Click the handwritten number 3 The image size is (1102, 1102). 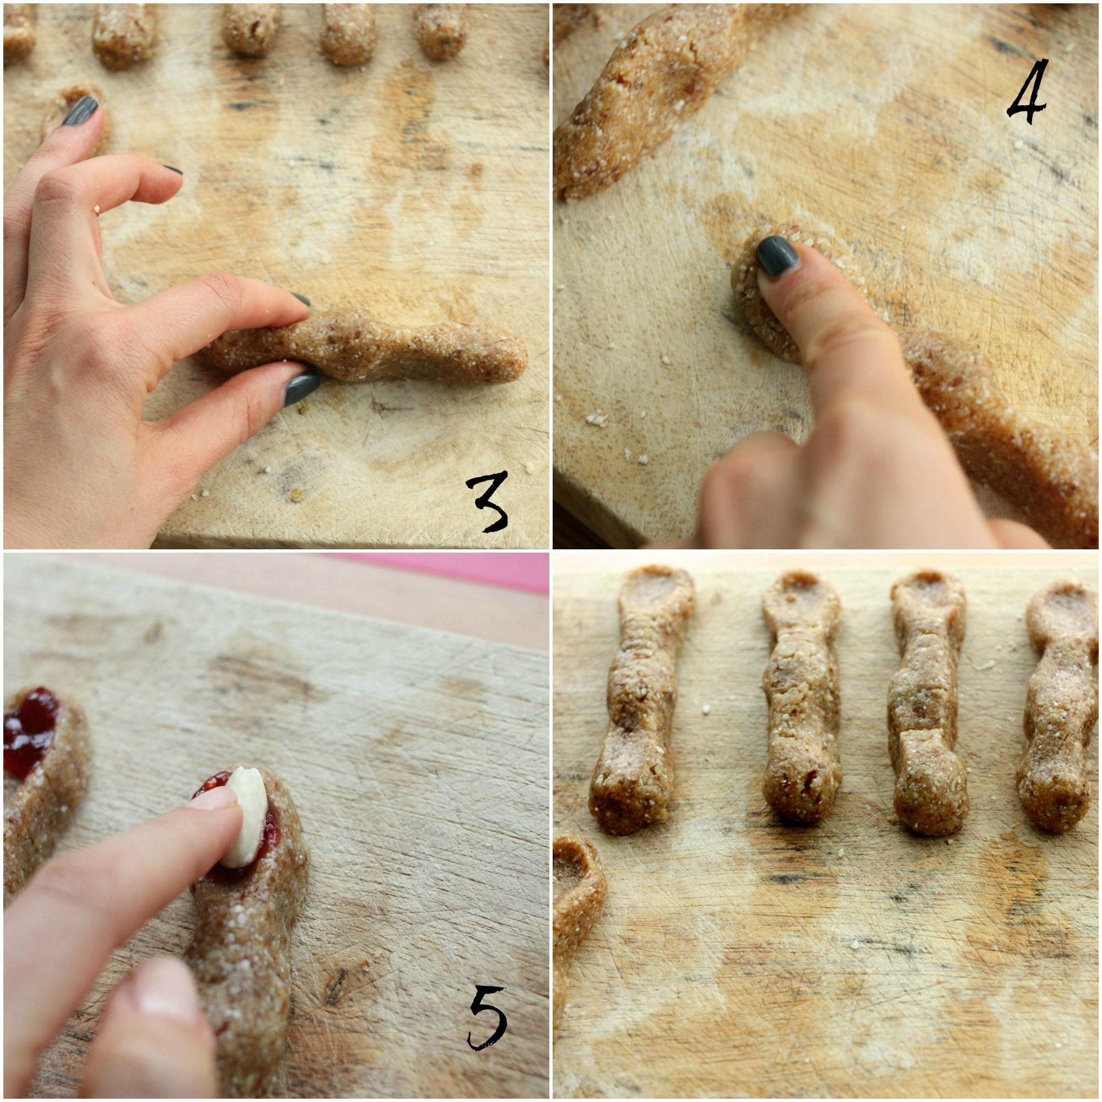click(x=487, y=497)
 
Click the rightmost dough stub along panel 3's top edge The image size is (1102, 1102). click(x=441, y=31)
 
